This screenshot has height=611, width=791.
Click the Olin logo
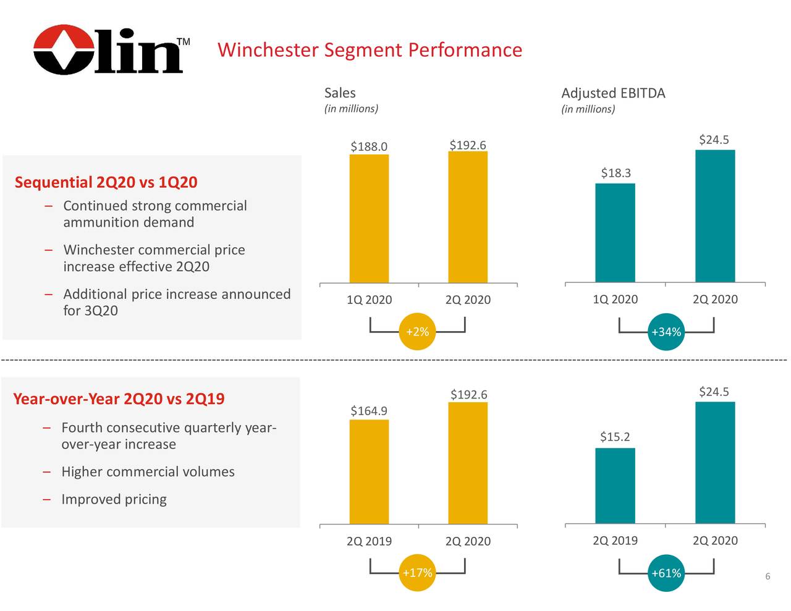[109, 50]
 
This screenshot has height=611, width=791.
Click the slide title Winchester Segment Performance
[370, 49]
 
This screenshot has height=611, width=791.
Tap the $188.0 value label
[368, 146]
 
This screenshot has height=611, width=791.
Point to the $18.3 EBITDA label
[615, 173]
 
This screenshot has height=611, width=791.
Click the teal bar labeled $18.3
[615, 233]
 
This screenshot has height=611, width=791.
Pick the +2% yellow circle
[417, 332]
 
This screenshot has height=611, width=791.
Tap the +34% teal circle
[666, 332]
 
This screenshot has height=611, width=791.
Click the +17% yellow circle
[417, 573]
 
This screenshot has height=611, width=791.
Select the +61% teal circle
[666, 573]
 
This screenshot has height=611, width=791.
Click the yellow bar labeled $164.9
[369, 471]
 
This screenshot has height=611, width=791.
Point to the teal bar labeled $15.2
[615, 486]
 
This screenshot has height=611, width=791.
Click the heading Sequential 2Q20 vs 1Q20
[106, 182]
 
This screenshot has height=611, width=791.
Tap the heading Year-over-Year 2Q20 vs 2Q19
[119, 398]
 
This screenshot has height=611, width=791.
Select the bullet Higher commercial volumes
[148, 472]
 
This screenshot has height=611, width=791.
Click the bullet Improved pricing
[114, 499]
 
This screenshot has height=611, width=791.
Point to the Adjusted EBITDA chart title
[613, 93]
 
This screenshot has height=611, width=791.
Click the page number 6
[768, 576]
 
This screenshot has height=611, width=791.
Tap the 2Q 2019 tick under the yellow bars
[369, 541]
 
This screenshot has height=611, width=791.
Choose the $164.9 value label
[368, 411]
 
